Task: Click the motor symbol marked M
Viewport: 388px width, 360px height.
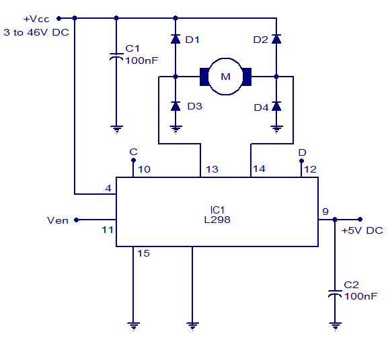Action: [x=225, y=77]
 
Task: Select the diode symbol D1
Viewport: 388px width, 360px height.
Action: [x=176, y=39]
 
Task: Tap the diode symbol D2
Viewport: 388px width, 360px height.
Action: [x=276, y=39]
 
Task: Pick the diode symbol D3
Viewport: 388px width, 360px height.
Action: [x=176, y=106]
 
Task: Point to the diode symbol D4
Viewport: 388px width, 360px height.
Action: [x=276, y=106]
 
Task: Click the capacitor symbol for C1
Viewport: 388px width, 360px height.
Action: [x=116, y=57]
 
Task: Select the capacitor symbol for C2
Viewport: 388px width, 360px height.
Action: [x=335, y=294]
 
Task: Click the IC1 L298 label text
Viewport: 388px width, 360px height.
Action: [x=217, y=215]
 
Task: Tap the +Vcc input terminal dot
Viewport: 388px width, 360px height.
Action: [x=59, y=18]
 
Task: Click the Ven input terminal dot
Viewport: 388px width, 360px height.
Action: [x=76, y=220]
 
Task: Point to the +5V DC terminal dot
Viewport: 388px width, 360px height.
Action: [x=360, y=219]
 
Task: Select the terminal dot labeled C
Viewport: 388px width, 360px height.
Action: [x=133, y=161]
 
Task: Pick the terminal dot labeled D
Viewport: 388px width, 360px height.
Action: [x=301, y=161]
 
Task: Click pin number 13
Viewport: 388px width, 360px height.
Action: [x=212, y=169]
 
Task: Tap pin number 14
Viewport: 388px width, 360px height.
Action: [x=259, y=169]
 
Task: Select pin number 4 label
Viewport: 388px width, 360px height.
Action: [x=108, y=188]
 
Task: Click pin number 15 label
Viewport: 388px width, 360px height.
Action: [x=143, y=253]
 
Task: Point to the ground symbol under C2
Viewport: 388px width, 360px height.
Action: [x=336, y=326]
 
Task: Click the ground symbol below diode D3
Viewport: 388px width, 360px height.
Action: [x=176, y=130]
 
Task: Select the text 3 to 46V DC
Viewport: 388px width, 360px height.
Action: [x=36, y=32]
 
